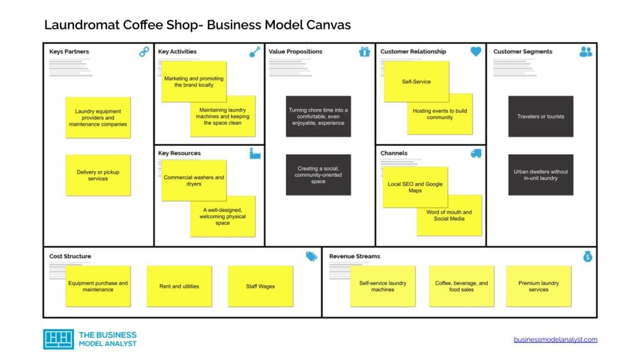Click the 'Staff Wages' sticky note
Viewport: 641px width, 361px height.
coord(260,286)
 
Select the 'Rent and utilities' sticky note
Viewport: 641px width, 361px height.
coord(179,286)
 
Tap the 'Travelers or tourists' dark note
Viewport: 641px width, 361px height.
coord(540,117)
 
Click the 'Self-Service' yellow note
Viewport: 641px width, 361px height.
coord(416,81)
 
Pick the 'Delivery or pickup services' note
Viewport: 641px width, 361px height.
coord(98,175)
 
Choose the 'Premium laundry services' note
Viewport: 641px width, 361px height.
coord(538,286)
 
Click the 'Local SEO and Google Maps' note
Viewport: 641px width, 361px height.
coord(415,187)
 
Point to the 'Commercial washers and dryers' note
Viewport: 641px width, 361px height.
coord(193,180)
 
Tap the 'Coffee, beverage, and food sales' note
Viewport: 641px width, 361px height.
coord(461,286)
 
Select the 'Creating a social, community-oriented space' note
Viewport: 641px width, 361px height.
coord(318,175)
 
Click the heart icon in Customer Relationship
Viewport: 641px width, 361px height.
coord(476,52)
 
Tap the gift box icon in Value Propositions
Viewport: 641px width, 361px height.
coord(365,52)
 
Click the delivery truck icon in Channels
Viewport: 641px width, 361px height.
coord(476,154)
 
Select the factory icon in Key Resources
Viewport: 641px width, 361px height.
coord(255,154)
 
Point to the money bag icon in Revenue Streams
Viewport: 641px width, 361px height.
coord(587,256)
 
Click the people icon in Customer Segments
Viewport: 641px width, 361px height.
coord(586,52)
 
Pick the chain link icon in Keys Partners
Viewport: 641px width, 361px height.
coord(144,52)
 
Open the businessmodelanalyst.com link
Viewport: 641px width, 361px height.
coord(555,340)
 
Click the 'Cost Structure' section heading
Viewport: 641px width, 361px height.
coord(70,256)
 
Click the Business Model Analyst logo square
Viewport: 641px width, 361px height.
coord(58,339)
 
